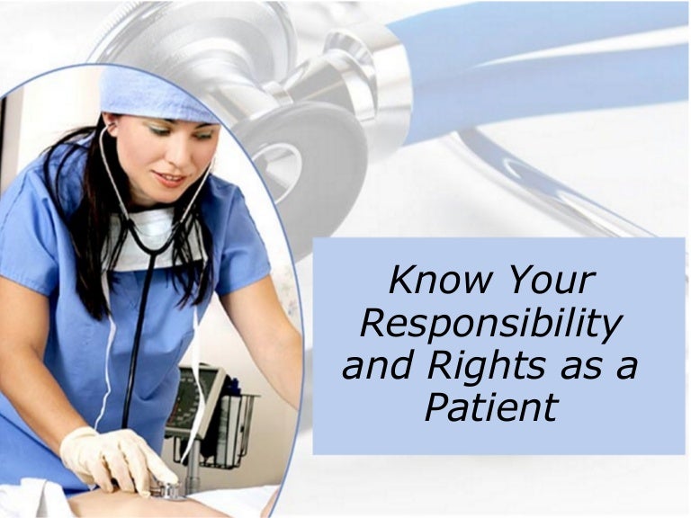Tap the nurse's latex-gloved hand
pyautogui.click(x=112, y=454)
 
